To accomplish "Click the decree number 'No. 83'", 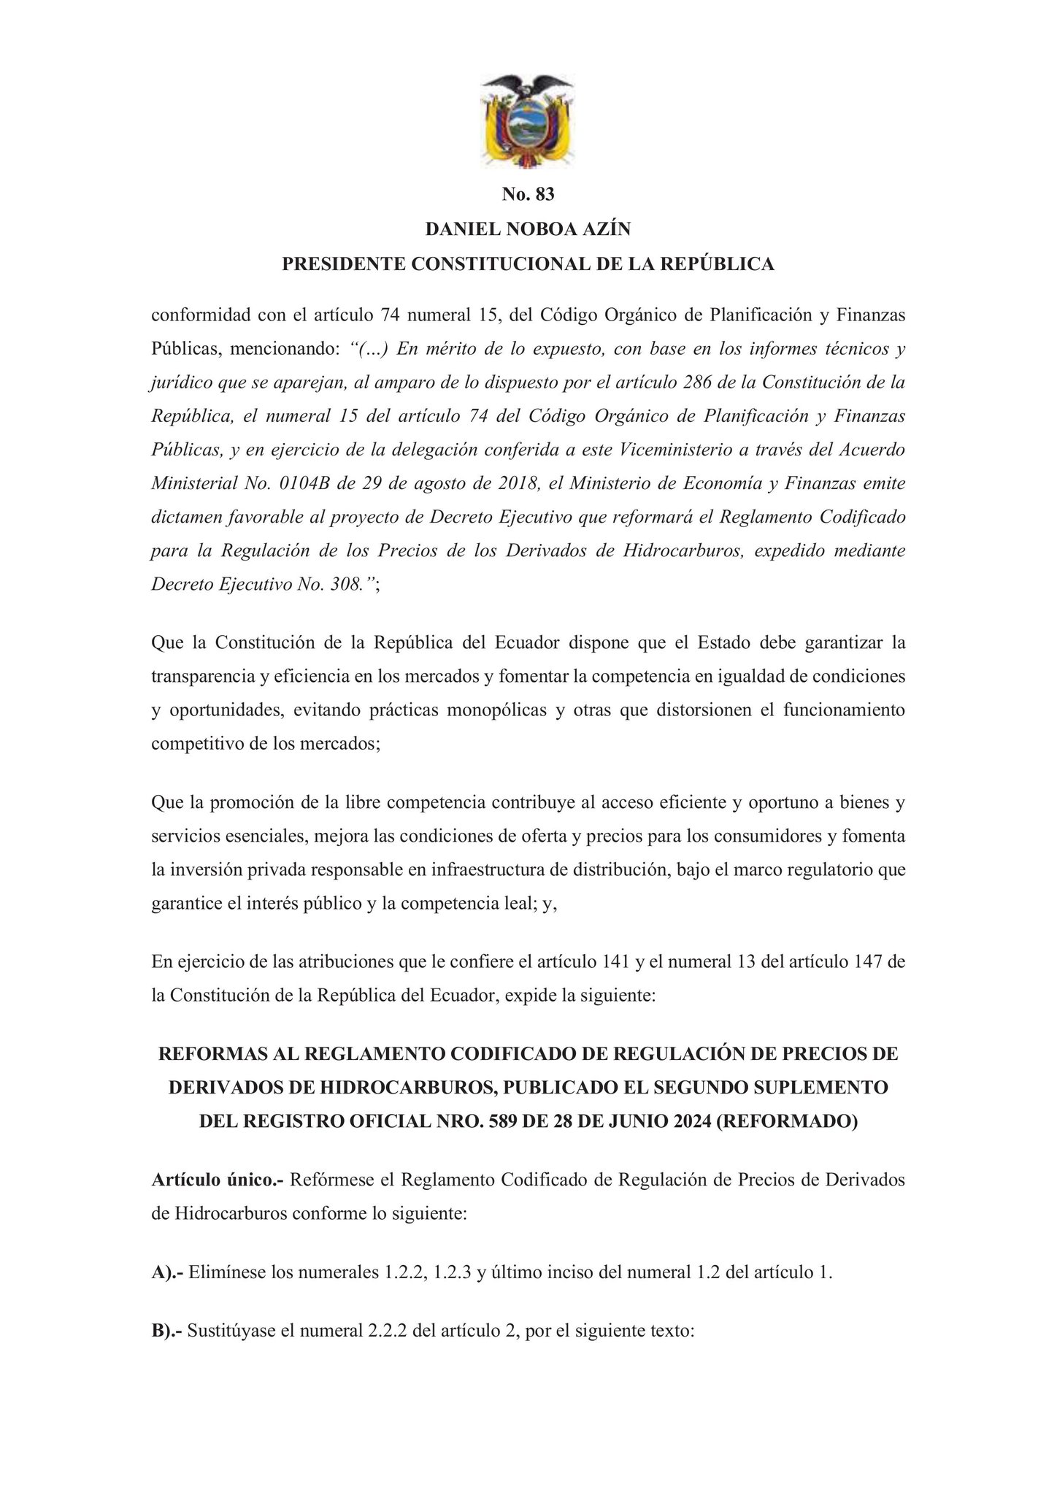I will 528,194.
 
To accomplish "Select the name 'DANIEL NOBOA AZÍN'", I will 528,229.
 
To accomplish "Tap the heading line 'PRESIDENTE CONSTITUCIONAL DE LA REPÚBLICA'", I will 528,264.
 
